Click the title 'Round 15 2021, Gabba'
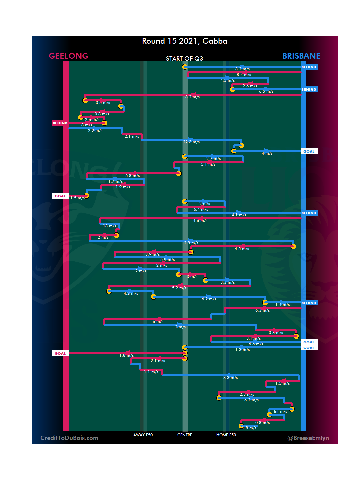184,41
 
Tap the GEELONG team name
69,56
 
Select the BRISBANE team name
301,56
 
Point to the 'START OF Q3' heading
184,59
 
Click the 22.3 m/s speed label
191,142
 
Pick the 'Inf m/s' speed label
280,411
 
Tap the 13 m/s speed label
110,226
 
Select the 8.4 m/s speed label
244,75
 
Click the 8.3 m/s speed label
230,378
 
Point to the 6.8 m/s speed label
132,176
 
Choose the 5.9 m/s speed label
167,260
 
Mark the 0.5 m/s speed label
103,103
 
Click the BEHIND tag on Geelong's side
60,123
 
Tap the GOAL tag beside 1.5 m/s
60,196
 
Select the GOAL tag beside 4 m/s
309,151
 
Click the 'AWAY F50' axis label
143,435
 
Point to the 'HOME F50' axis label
226,435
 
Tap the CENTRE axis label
185,435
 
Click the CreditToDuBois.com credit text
69,438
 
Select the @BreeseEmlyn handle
308,438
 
